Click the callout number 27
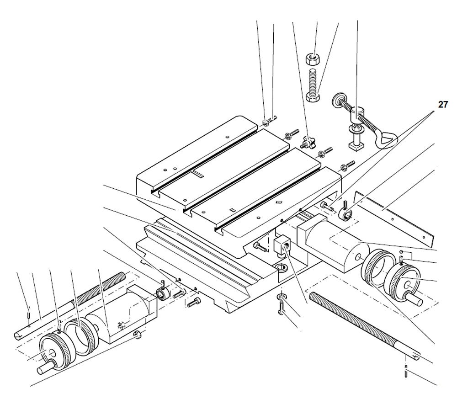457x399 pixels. (x=443, y=105)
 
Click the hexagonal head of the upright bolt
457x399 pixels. (x=312, y=98)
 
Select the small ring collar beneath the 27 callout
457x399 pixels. (x=346, y=213)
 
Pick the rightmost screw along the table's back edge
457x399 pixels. (x=349, y=163)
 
